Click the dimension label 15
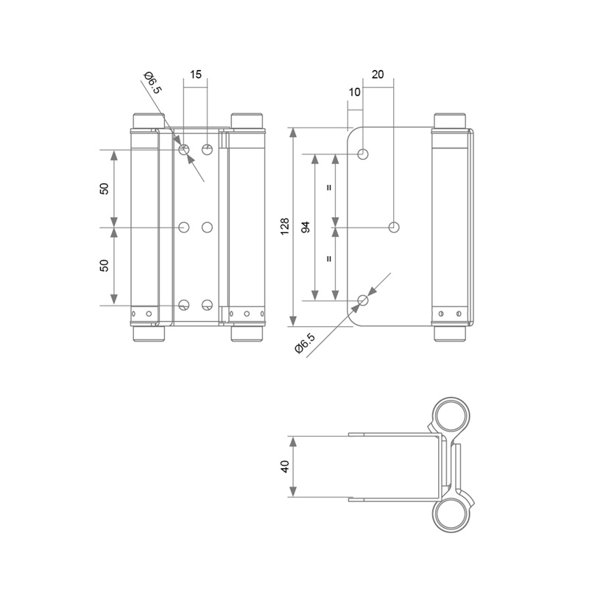pos(196,74)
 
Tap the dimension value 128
pos(285,227)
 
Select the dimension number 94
pos(306,227)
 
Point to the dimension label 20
pos(378,74)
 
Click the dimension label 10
pos(355,92)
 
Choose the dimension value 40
pos(285,467)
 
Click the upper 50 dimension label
pos(105,188)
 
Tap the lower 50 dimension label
pos(105,266)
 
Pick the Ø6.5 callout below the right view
pos(305,343)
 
